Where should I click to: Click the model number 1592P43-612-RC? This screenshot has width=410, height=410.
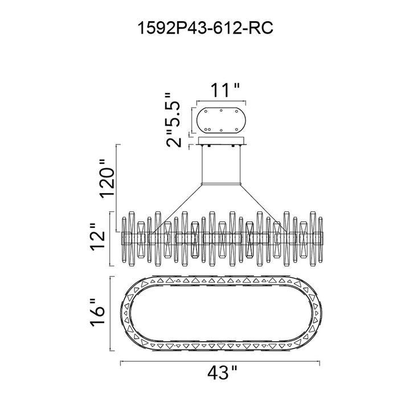205,28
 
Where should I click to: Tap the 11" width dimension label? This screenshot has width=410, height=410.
225,90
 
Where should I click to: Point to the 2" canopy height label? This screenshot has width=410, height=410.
174,138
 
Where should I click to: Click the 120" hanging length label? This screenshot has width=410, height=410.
107,179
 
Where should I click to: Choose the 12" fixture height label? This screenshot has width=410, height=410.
98,237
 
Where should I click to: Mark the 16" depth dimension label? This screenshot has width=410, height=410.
98,313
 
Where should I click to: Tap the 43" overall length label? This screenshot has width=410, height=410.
223,372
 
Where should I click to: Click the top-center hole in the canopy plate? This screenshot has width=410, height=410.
221,110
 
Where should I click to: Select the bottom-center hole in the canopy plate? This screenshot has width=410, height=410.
221,130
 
